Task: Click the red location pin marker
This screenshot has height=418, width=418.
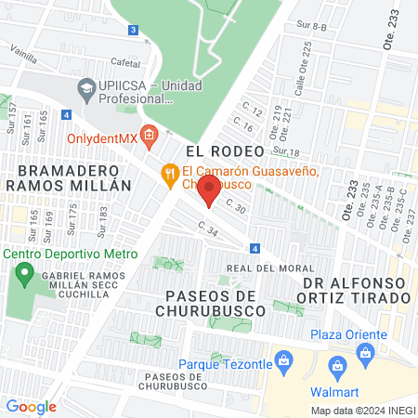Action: [x=209, y=191]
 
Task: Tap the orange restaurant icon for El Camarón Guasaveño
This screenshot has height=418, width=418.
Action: [x=169, y=172]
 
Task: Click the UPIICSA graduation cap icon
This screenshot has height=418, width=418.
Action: [x=86, y=90]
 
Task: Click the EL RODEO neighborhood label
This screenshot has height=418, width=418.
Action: [x=219, y=149]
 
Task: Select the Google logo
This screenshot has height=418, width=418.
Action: [x=32, y=406]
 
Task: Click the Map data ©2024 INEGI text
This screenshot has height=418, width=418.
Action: [x=361, y=411]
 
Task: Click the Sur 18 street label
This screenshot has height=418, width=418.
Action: [x=288, y=151]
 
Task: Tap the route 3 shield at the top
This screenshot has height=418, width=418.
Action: [x=134, y=31]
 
